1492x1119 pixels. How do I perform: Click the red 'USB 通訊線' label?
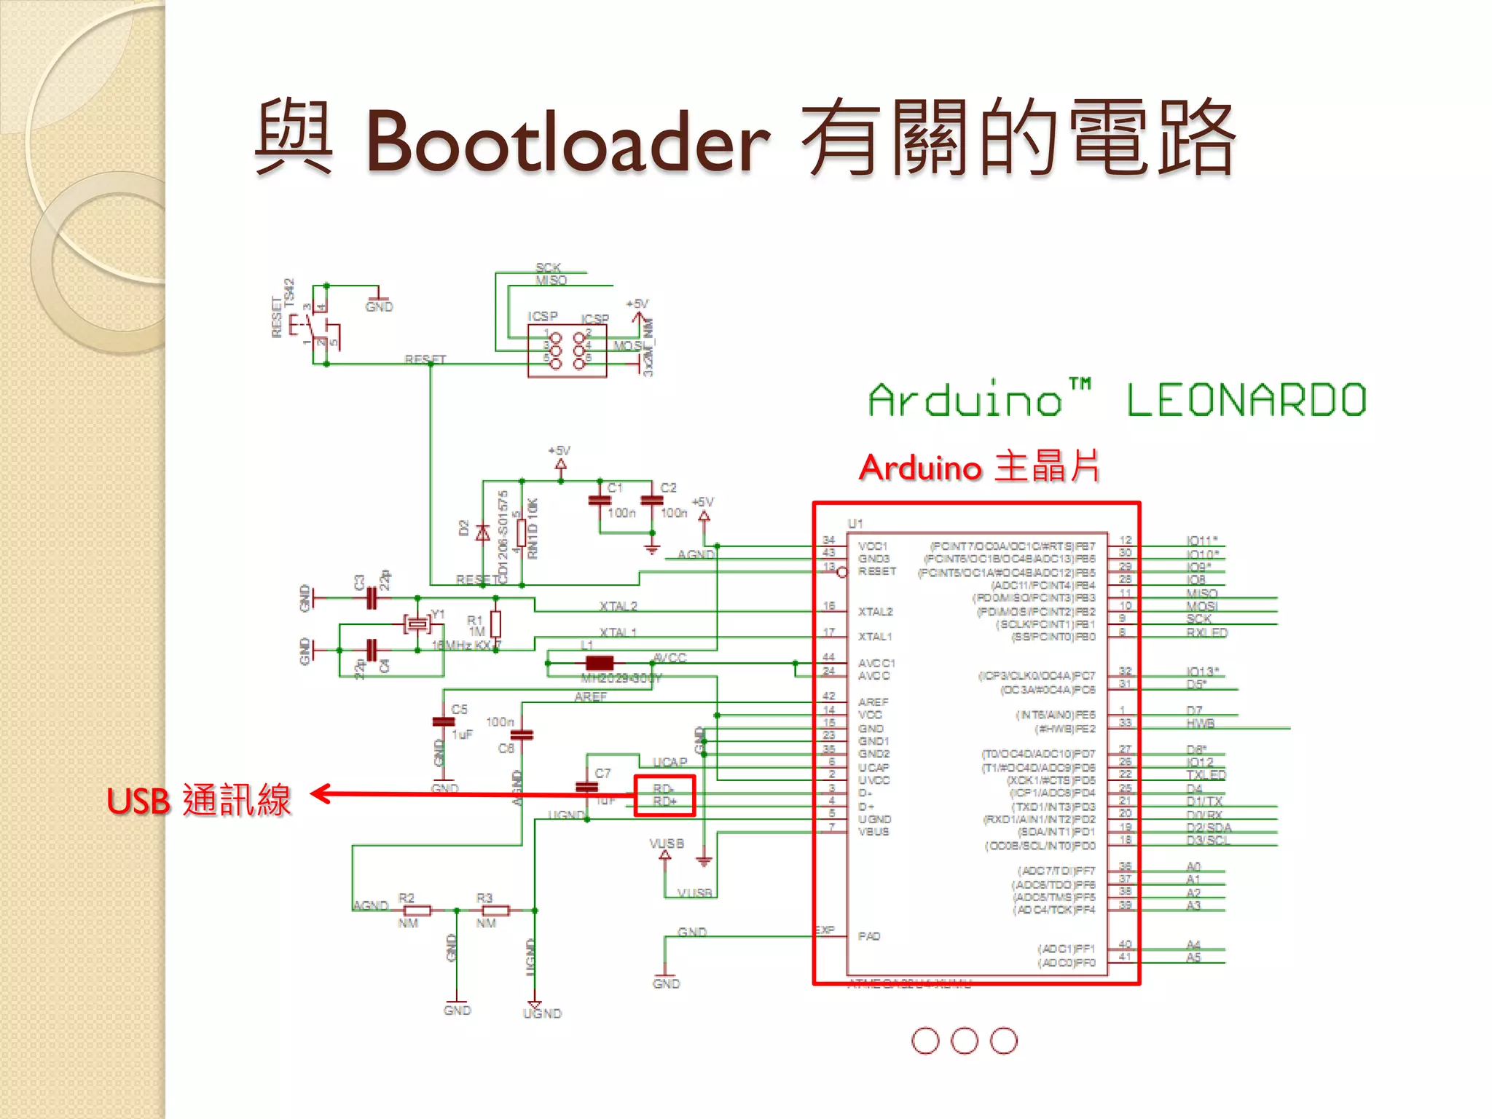198,801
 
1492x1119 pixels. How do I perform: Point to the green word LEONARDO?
1246,401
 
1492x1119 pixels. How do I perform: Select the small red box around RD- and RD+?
664,796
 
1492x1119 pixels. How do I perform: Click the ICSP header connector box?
567,351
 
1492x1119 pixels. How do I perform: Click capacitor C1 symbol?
600,500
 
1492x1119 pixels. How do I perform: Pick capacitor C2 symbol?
652,500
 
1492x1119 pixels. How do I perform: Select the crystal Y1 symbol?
417,624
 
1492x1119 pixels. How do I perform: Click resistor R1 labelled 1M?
495,624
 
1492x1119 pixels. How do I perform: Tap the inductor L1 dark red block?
599,663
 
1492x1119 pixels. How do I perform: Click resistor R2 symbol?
417,911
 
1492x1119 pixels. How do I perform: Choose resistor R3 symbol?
495,911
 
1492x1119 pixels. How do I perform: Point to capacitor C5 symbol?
443,722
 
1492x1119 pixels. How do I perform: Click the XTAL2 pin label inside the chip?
875,611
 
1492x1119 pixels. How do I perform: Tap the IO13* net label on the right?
1202,671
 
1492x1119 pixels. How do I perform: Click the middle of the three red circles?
965,1040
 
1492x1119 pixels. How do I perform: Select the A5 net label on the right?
1193,957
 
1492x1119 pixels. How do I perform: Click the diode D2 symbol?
482,533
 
